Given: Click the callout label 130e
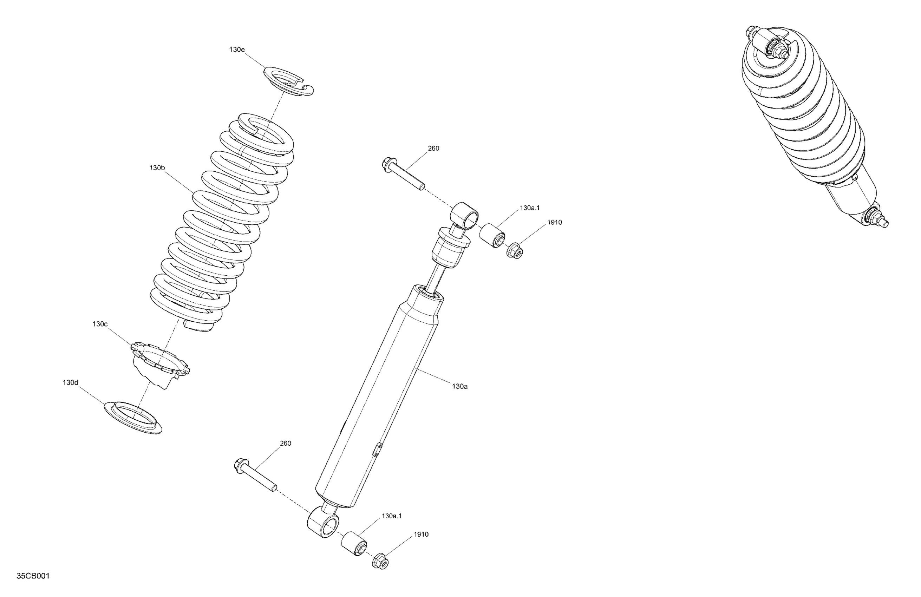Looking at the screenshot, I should pyautogui.click(x=237, y=50).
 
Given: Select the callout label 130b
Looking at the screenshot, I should pyautogui.click(x=157, y=168).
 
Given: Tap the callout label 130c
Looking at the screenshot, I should pyautogui.click(x=100, y=324).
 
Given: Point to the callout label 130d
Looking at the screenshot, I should pyautogui.click(x=71, y=383).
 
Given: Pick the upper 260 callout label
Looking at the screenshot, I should pyautogui.click(x=433, y=149).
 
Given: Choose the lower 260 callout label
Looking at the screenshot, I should pyautogui.click(x=285, y=444).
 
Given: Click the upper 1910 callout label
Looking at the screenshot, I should pyautogui.click(x=555, y=223).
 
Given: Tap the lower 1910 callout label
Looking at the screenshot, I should pyautogui.click(x=421, y=534).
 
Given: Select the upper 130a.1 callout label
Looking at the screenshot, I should pyautogui.click(x=529, y=208).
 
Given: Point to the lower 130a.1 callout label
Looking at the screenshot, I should pyautogui.click(x=392, y=516).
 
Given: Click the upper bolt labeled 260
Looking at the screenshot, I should pyautogui.click(x=403, y=174).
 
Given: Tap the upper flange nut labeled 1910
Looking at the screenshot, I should pyautogui.click(x=515, y=250).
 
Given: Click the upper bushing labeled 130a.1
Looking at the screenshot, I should pyautogui.click(x=492, y=235).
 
